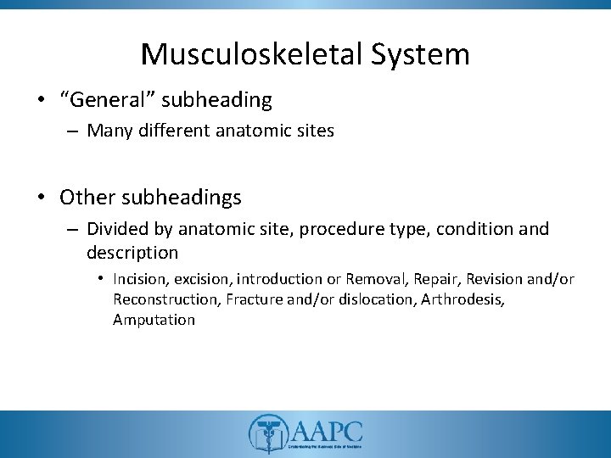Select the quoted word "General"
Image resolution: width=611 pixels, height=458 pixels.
pyautogui.click(x=99, y=100)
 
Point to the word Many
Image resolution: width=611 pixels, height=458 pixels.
pyautogui.click(x=106, y=131)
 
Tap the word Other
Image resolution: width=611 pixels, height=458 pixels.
pyautogui.click(x=87, y=198)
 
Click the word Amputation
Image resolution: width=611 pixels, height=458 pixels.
pyautogui.click(x=154, y=320)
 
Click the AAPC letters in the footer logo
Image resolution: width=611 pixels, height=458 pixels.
pyautogui.click(x=325, y=429)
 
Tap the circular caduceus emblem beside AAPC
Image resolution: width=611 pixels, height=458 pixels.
pyautogui.click(x=265, y=433)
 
